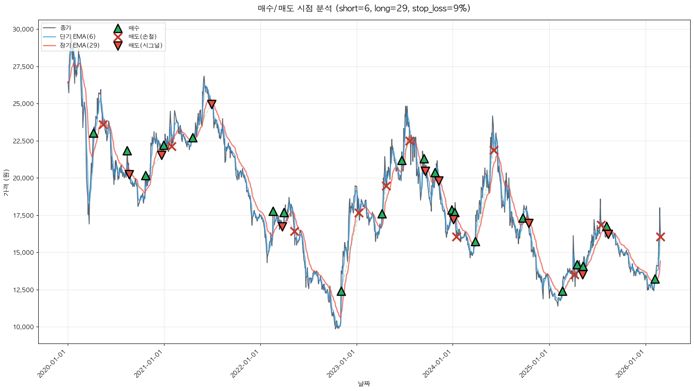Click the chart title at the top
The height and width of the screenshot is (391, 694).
point(364,8)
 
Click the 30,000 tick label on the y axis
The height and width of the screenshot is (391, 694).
point(23,29)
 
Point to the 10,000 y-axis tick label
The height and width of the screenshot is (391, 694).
point(23,327)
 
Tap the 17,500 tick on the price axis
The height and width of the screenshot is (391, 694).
point(23,216)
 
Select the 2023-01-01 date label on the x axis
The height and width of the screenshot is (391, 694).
point(342,364)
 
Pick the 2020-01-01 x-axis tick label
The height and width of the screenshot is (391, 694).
point(53,364)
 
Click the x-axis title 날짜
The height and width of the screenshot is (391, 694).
point(364,383)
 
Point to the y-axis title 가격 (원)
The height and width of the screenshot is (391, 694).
point(6,183)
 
